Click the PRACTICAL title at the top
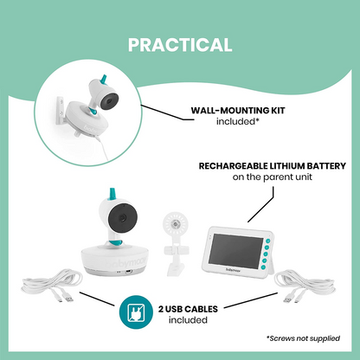tap(180, 44)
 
